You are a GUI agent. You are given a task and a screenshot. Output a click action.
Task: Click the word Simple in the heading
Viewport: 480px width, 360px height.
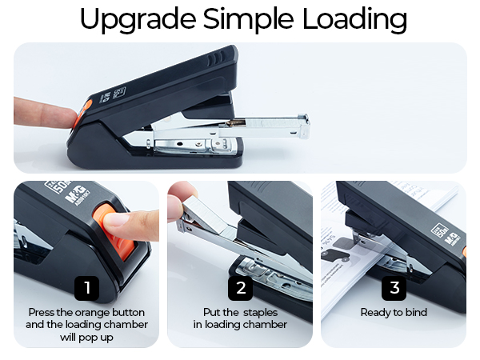pyautogui.click(x=244, y=19)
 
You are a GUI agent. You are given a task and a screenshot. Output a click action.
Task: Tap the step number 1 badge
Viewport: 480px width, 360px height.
pyautogui.click(x=86, y=287)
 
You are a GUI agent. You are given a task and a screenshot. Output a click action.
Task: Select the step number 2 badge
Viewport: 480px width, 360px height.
pyautogui.click(x=240, y=287)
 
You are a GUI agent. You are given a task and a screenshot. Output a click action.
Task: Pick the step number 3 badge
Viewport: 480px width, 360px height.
pyautogui.click(x=394, y=287)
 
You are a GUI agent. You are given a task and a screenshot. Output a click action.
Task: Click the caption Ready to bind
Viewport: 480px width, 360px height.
pyautogui.click(x=394, y=312)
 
